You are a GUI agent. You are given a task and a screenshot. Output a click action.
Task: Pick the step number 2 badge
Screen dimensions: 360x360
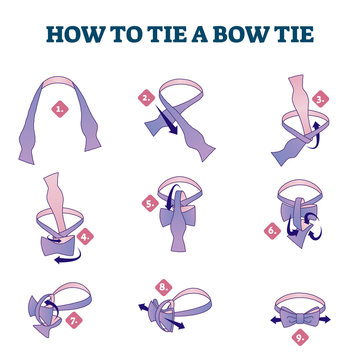(x=147, y=98)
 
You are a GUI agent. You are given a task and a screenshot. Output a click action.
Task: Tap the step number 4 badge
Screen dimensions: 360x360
(x=86, y=237)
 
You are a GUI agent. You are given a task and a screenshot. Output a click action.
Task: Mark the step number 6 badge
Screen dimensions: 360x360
(x=271, y=229)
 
